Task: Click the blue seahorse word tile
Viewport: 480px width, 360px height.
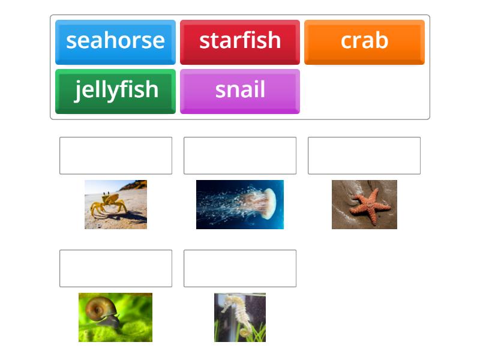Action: [115, 41]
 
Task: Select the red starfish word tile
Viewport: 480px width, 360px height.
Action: [240, 41]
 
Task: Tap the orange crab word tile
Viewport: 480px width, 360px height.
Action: [364, 41]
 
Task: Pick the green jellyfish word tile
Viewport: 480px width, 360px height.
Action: [115, 91]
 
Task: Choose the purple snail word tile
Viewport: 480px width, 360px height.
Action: [240, 91]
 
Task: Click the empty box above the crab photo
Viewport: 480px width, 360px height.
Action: [116, 155]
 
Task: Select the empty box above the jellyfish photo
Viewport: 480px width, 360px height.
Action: [240, 155]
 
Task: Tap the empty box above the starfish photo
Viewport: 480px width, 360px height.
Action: [364, 155]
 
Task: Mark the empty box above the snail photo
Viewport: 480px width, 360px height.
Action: [116, 268]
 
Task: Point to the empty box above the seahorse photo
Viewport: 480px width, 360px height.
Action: [240, 268]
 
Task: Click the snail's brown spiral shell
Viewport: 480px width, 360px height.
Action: [97, 310]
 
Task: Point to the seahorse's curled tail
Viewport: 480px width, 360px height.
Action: [245, 331]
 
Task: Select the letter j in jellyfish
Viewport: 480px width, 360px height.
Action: [79, 91]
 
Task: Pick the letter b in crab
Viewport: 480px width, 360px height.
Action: [382, 40]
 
